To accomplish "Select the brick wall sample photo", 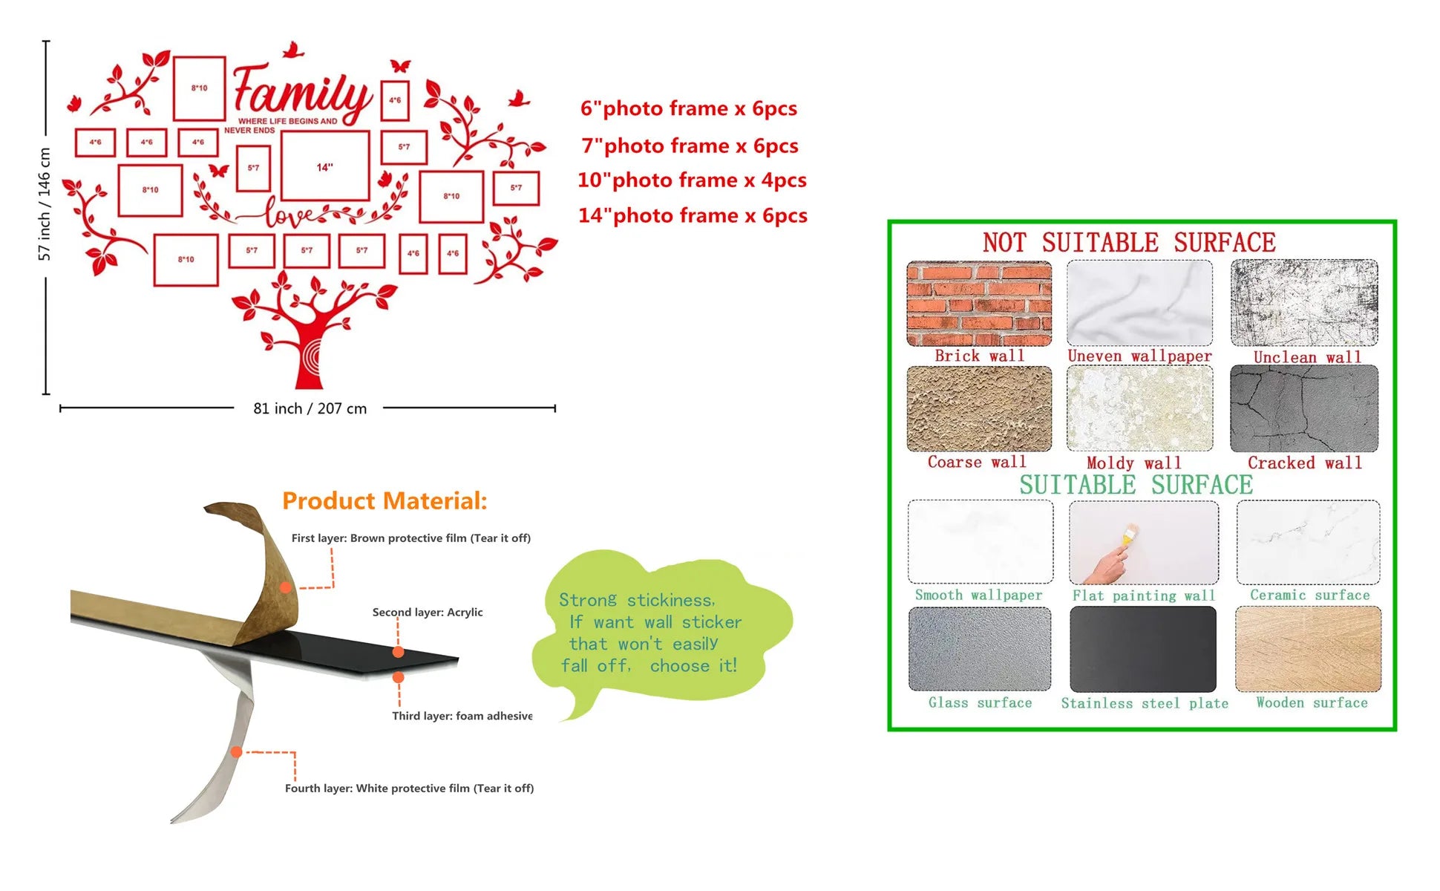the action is pyautogui.click(x=979, y=303).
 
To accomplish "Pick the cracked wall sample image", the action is pyautogui.click(x=1304, y=408).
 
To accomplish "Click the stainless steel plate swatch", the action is pyautogui.click(x=1143, y=649).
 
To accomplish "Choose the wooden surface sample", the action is pyautogui.click(x=1309, y=649).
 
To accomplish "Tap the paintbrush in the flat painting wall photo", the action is pyautogui.click(x=1130, y=536).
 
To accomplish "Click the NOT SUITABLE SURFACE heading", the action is pyautogui.click(x=1129, y=243).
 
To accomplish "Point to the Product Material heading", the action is pyautogui.click(x=384, y=501).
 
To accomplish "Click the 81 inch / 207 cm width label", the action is pyautogui.click(x=310, y=408).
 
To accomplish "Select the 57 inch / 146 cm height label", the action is pyautogui.click(x=45, y=204).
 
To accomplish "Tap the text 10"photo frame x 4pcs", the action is pyautogui.click(x=692, y=180).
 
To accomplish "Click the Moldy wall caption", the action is pyautogui.click(x=1133, y=463).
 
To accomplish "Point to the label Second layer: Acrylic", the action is pyautogui.click(x=428, y=613).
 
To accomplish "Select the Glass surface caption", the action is pyautogui.click(x=980, y=702).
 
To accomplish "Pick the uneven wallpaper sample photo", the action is pyautogui.click(x=1139, y=303).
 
